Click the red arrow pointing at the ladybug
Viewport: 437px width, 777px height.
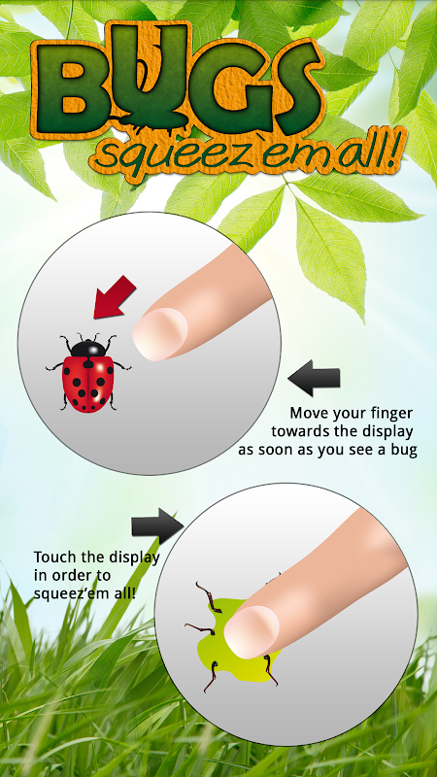(114, 296)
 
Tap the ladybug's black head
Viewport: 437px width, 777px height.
(88, 348)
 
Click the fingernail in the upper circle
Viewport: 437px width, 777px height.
(160, 333)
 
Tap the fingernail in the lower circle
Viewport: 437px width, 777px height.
(252, 632)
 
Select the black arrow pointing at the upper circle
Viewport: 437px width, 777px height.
(314, 378)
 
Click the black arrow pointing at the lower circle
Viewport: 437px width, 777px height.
(157, 525)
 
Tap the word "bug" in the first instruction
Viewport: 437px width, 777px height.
(403, 452)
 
